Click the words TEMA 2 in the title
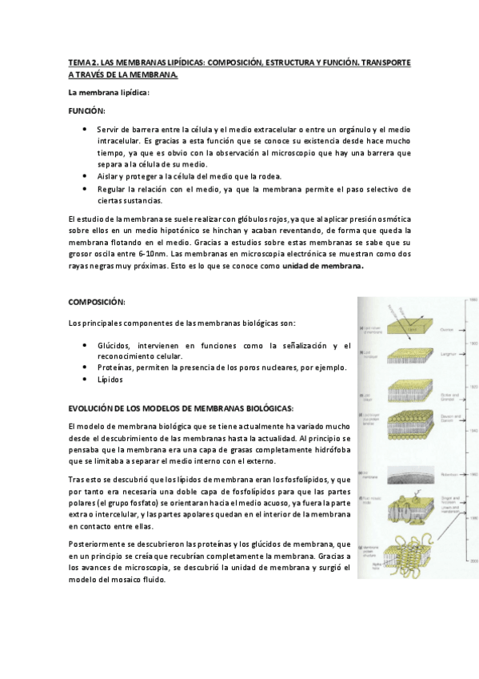pyautogui.click(x=82, y=62)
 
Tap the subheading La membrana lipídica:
pyautogui.click(x=109, y=93)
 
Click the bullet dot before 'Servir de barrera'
pyautogui.click(x=86, y=129)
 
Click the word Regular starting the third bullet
pyautogui.click(x=111, y=189)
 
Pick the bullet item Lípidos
pyautogui.click(x=110, y=380)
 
